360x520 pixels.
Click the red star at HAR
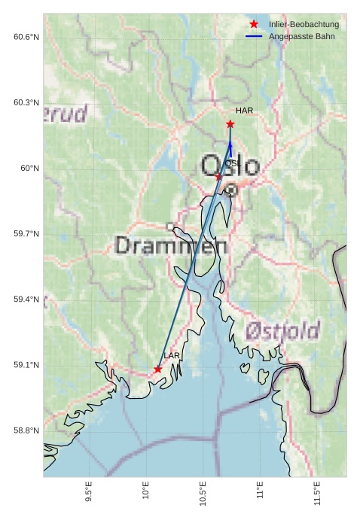tap(230, 123)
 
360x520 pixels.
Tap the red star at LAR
tap(157, 369)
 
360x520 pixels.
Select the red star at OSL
tap(218, 176)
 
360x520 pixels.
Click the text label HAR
tap(244, 111)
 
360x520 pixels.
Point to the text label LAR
tap(172, 355)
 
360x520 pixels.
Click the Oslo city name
tap(230, 166)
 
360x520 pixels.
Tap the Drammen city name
tap(171, 245)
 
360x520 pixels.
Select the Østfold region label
tap(282, 330)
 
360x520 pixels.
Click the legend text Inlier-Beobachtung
tap(304, 25)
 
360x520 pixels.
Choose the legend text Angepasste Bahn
tap(302, 36)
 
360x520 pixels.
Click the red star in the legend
tap(254, 24)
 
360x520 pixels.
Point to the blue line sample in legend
tap(254, 36)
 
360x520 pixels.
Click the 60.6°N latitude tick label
tap(26, 37)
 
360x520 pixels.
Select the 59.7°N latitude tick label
tap(26, 234)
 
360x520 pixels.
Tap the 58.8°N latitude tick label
tap(26, 430)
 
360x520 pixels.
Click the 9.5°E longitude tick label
tap(89, 494)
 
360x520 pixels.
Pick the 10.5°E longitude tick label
tap(203, 494)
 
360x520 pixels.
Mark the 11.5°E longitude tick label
tap(317, 494)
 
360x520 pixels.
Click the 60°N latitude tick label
tap(29, 169)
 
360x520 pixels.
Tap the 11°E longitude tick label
tap(260, 492)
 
